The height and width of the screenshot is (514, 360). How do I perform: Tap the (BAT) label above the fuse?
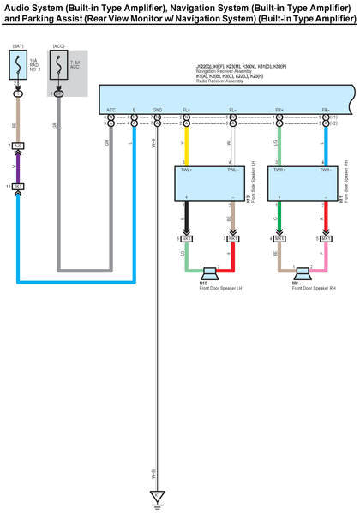18,45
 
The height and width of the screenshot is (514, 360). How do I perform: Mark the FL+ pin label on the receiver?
186,110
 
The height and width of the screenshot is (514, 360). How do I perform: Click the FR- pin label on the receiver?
327,110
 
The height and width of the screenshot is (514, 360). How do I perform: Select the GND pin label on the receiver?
157,110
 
